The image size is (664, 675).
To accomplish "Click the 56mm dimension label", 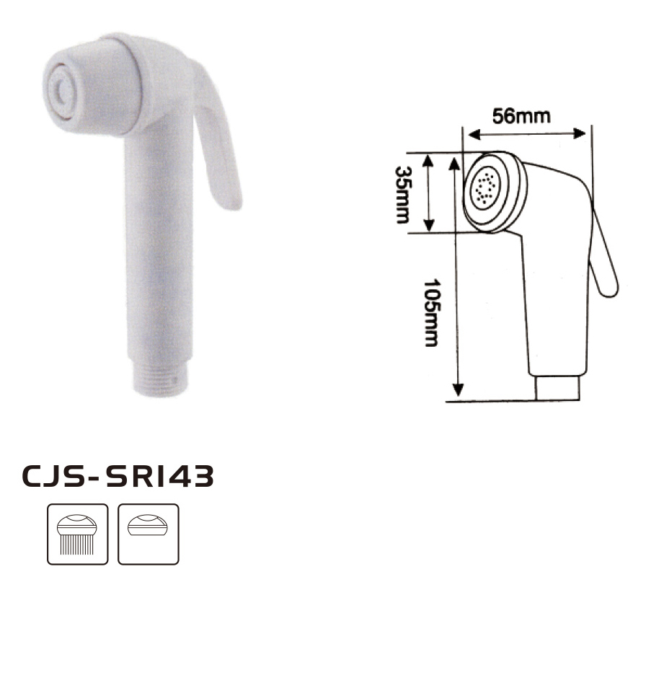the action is pyautogui.click(x=521, y=117).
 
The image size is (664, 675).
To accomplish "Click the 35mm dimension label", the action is pyautogui.click(x=403, y=195).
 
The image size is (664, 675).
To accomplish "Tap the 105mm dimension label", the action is pyautogui.click(x=432, y=313).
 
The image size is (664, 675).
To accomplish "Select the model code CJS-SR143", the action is pyautogui.click(x=118, y=476).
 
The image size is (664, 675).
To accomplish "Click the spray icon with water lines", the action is pyautogui.click(x=77, y=534).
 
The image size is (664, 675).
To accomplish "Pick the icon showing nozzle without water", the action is pyautogui.click(x=148, y=534).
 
